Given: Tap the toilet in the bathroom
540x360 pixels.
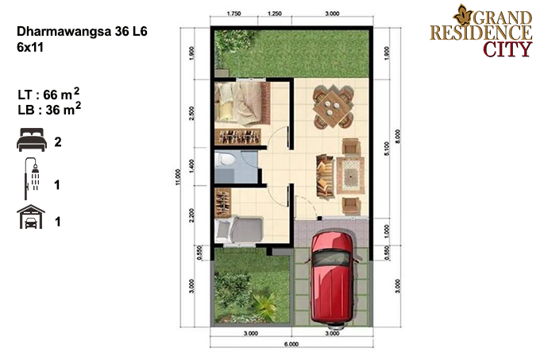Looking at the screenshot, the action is click(226, 159).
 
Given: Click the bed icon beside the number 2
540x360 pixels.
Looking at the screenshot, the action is click(31, 140).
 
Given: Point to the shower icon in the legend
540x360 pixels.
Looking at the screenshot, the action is click(32, 179).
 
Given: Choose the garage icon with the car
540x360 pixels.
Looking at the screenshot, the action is click(31, 217).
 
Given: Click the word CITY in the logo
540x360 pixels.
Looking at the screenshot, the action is click(507, 49).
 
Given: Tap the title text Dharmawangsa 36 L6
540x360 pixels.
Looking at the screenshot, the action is click(82, 31).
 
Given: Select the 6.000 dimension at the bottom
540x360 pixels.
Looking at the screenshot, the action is click(291, 344).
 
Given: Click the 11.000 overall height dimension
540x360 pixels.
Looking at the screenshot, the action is click(178, 176).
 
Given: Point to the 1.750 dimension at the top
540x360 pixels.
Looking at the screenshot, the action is click(233, 14).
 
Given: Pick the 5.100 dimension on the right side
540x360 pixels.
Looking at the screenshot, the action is click(387, 149).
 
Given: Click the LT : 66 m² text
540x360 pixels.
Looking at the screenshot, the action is click(48, 94).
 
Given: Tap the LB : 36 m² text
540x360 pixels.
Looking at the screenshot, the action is click(49, 109).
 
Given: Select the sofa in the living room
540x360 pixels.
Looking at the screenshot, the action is click(326, 176).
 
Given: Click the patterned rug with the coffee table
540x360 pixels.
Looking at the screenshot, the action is click(350, 175).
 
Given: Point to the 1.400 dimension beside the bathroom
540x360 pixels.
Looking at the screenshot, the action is click(192, 166).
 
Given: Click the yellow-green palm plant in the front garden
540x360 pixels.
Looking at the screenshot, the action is click(265, 304).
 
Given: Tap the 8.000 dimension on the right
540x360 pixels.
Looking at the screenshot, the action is click(398, 137).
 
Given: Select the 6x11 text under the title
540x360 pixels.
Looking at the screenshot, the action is click(30, 47).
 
